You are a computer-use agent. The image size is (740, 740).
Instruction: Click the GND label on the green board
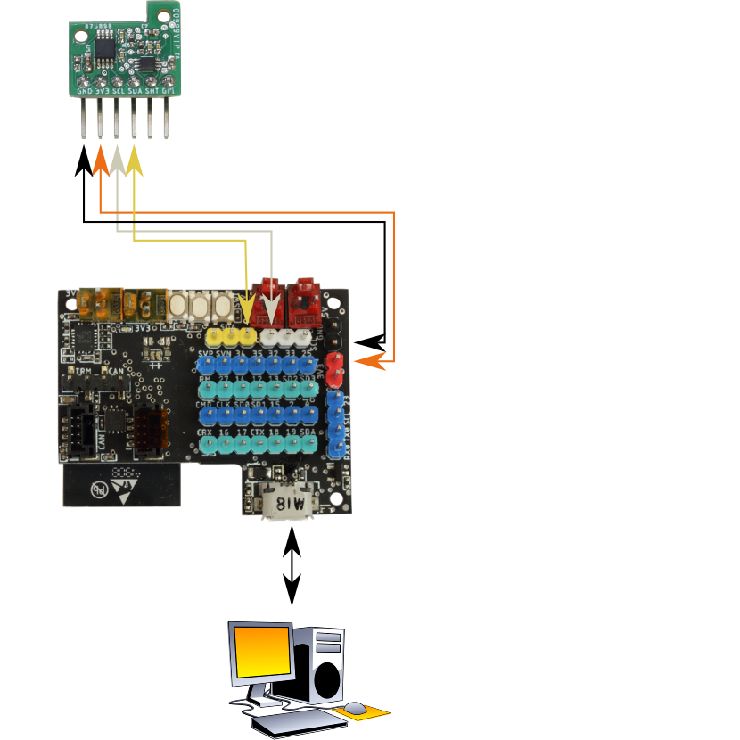click(85, 91)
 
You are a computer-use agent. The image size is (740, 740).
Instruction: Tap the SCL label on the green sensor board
click(119, 91)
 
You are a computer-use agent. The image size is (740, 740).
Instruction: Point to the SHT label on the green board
click(152, 91)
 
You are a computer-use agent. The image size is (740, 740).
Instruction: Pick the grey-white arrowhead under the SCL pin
click(117, 160)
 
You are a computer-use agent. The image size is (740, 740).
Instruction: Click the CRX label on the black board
click(206, 432)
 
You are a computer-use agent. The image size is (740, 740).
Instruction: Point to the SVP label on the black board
click(206, 355)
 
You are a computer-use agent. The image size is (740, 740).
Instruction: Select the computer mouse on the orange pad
click(356, 709)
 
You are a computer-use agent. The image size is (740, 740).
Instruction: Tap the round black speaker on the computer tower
click(328, 680)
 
